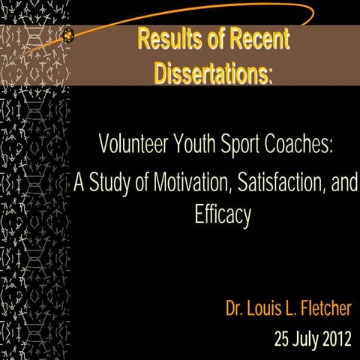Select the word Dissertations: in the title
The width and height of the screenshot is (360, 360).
pyautogui.click(x=214, y=73)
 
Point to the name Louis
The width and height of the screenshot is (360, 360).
pyautogui.click(x=269, y=308)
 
